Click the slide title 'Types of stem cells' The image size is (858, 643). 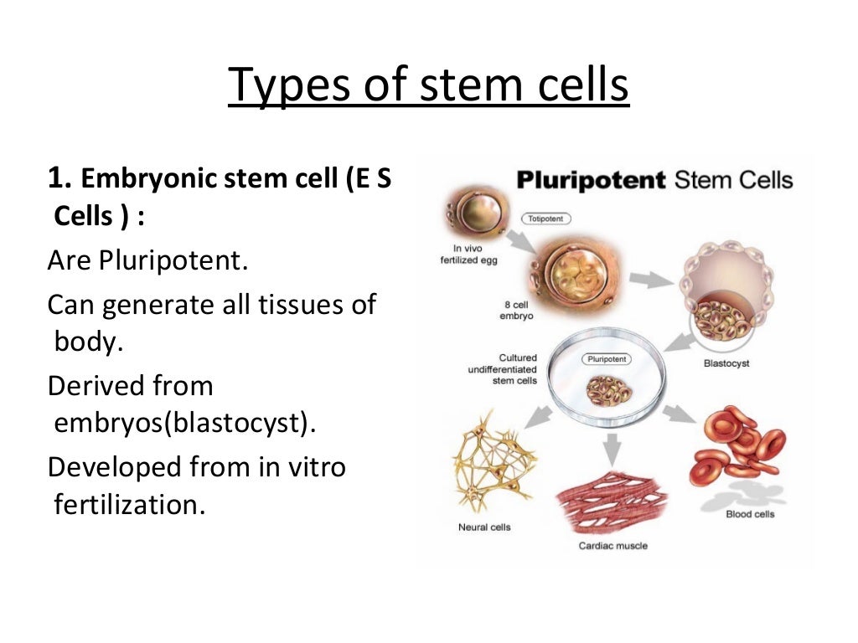click(428, 86)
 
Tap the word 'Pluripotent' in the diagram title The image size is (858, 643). click(591, 179)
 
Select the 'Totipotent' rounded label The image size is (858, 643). click(546, 219)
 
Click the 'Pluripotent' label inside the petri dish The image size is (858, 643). click(606, 359)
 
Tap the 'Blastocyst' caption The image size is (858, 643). click(726, 364)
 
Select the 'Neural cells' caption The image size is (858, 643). click(484, 527)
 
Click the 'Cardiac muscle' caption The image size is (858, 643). click(612, 546)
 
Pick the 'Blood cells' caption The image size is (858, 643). click(750, 514)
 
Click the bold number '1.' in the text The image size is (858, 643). click(63, 179)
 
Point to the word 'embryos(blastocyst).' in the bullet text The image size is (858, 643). click(185, 423)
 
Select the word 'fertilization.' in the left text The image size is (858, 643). click(129, 505)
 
